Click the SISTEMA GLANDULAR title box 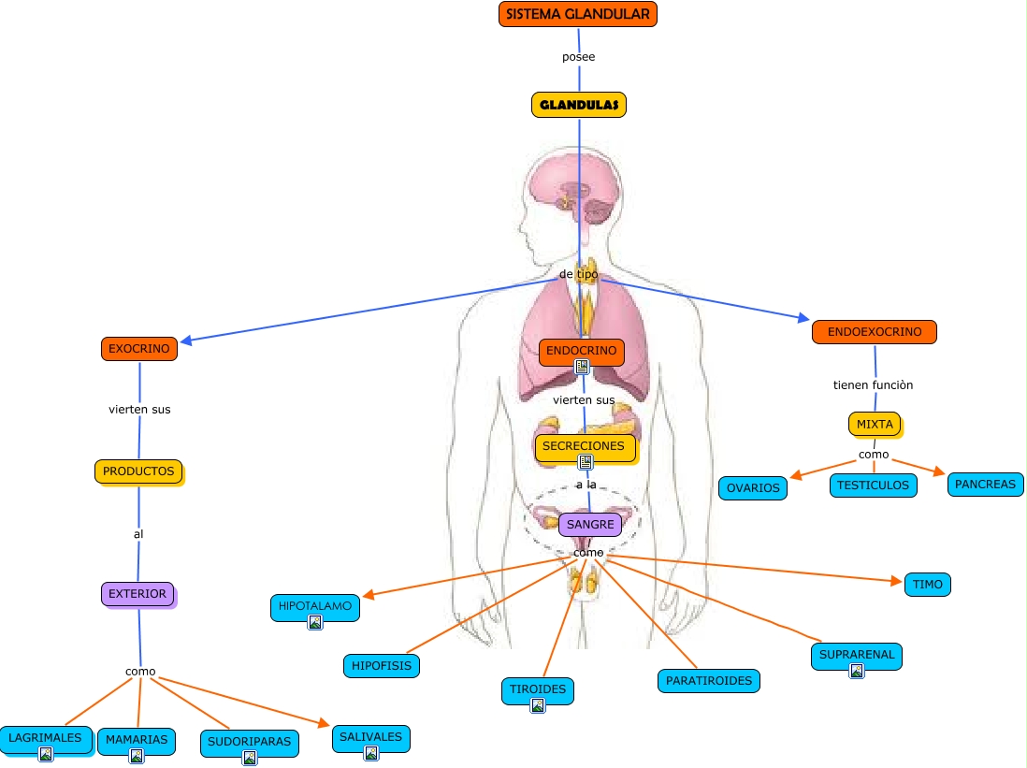click(578, 14)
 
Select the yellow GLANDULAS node click(578, 105)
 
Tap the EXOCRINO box click(139, 349)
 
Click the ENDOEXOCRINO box click(874, 332)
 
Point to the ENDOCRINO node click(581, 351)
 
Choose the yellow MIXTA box click(875, 424)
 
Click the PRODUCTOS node click(138, 471)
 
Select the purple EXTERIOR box click(137, 593)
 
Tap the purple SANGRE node click(590, 525)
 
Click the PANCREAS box click(985, 485)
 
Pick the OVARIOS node click(753, 488)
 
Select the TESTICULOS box click(873, 485)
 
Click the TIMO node click(927, 585)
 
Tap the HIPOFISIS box click(381, 666)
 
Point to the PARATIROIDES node click(709, 680)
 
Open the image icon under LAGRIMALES click(45, 754)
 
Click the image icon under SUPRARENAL click(856, 671)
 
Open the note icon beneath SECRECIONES click(586, 462)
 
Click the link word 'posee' click(578, 57)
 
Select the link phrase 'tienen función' click(873, 384)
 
